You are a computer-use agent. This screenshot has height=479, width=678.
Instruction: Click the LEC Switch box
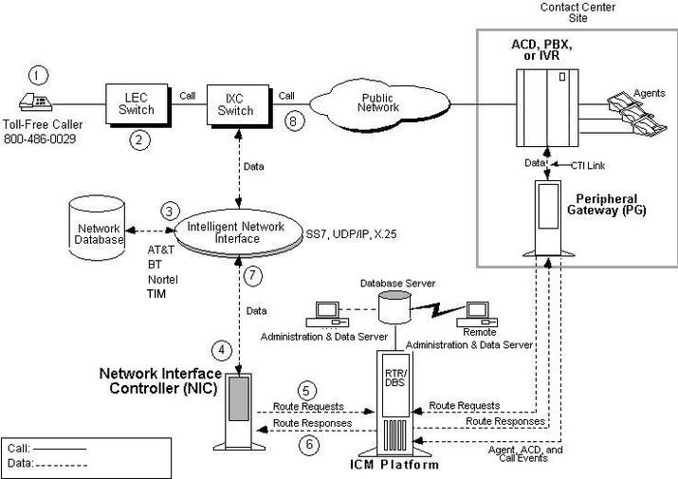(x=137, y=101)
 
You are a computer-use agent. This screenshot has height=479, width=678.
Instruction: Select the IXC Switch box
(x=237, y=102)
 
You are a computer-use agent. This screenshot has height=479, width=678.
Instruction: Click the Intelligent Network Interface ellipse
(x=235, y=233)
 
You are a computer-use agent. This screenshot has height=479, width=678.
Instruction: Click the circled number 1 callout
(x=37, y=73)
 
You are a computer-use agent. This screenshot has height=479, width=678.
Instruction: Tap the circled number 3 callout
(x=170, y=210)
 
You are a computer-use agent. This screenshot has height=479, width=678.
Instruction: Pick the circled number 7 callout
(x=251, y=276)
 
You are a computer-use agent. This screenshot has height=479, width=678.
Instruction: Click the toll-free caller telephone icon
(x=38, y=106)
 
